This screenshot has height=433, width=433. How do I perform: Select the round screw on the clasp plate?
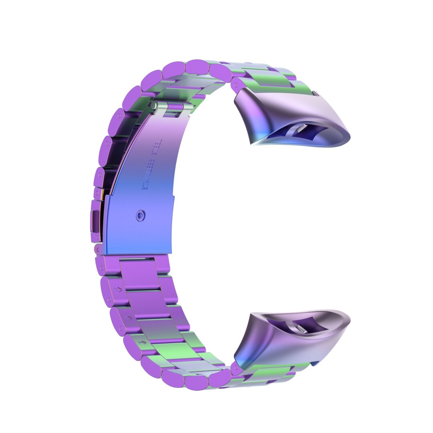(140, 216)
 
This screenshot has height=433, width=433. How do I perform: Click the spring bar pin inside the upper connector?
(301, 128)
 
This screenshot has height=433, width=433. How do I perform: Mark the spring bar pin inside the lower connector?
(302, 330)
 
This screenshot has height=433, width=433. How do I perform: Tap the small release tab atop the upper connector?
(316, 94)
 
